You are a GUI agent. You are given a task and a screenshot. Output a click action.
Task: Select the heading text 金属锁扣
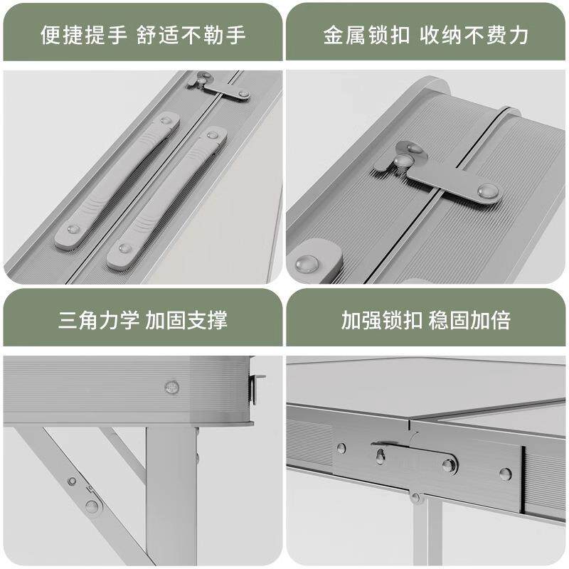coord(366,35)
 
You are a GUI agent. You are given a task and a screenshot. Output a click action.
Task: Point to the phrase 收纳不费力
coord(473,35)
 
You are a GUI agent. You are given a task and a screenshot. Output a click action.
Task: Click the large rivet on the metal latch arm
coord(486,191)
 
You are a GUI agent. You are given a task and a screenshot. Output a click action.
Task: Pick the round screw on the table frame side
coord(171,387)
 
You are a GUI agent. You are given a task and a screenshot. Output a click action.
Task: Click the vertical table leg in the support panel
coord(171,498)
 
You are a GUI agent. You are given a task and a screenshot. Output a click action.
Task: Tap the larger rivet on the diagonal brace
coord(91,506)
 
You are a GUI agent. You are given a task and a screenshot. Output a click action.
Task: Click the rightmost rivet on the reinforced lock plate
coord(504,474)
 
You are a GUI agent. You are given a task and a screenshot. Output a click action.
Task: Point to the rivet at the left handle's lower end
coord(73,230)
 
